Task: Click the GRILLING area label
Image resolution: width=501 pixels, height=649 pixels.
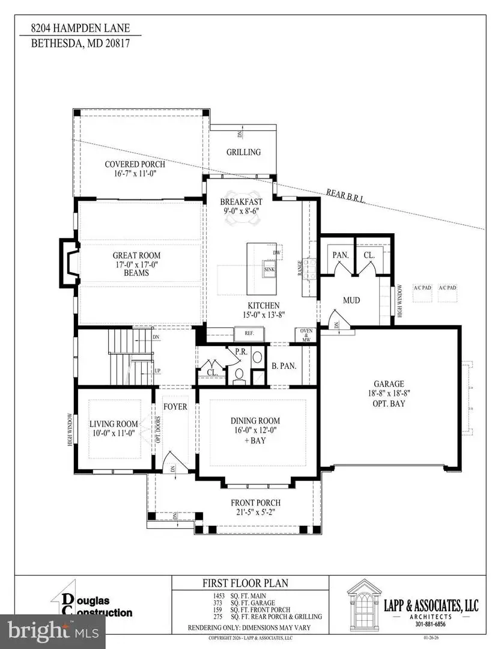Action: [243, 152]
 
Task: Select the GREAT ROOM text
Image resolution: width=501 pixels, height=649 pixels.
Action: [136, 255]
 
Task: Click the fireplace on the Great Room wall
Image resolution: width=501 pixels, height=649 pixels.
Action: [68, 262]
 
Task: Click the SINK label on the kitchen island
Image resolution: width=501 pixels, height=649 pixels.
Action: [269, 270]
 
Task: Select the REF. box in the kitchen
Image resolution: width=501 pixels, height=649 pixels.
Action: [247, 333]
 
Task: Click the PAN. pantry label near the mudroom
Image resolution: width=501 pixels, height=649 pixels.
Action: [341, 255]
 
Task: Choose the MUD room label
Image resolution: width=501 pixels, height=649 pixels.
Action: [351, 300]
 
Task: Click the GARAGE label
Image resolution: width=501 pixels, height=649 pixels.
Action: [389, 384]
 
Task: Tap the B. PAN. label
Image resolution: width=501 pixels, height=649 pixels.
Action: [284, 365]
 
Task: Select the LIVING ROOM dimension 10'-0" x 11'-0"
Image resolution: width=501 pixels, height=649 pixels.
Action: [114, 432]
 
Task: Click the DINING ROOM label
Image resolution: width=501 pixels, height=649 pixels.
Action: [256, 421]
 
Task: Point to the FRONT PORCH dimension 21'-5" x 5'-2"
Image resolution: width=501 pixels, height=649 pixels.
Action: [256, 513]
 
